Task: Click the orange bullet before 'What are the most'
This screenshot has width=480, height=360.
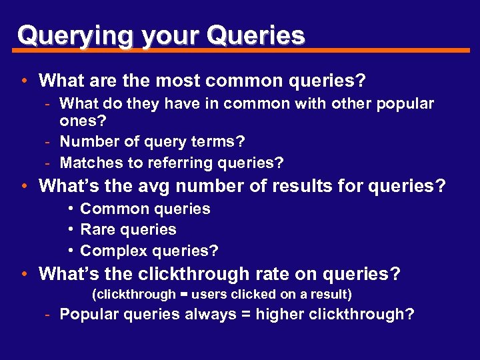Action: point(24,81)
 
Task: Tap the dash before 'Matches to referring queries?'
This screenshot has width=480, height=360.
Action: point(49,163)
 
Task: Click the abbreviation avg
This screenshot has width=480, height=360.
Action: point(157,186)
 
